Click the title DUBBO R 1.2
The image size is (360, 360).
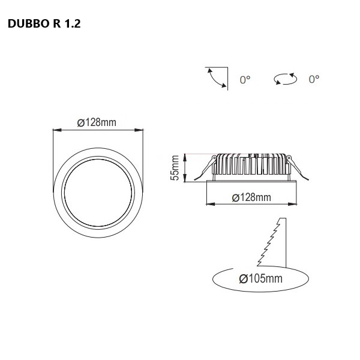pos(44,23)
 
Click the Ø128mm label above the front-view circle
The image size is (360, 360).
pos(97,122)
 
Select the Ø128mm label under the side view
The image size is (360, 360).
pos(251,197)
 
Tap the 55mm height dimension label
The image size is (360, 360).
pos(175,168)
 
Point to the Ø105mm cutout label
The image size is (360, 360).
pos(260,278)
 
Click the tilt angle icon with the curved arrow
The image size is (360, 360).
pos(217,79)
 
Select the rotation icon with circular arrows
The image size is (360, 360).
pos(286,79)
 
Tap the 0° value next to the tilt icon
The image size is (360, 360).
pos(245,80)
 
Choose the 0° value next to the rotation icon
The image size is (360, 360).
pos(314,79)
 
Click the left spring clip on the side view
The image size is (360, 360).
pos(206,168)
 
